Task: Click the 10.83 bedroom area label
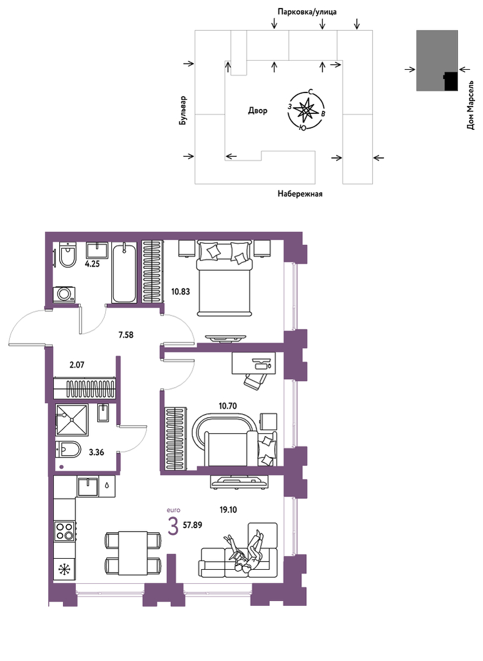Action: point(180,291)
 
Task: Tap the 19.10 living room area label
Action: point(228,510)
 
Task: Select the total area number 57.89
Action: point(192,525)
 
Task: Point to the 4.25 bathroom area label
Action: point(92,265)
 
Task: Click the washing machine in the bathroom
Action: point(64,294)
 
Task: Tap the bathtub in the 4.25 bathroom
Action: point(124,273)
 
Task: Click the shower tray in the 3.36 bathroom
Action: point(72,420)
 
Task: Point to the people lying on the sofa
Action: point(245,552)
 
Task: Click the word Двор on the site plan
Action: point(257,111)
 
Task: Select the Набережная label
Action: point(300,194)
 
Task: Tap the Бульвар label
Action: point(182,110)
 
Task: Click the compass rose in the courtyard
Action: point(305,110)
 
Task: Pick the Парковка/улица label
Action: point(307,12)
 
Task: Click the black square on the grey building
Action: point(451,81)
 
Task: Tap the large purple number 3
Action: point(173,526)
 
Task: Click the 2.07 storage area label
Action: point(77,364)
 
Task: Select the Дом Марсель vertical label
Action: point(471,105)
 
